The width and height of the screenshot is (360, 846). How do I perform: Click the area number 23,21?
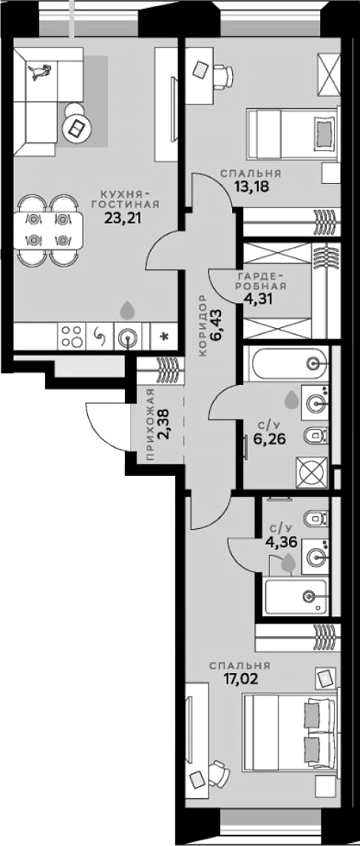123,218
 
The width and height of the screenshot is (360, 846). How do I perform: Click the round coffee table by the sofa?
75,129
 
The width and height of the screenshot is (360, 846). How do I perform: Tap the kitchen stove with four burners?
72,336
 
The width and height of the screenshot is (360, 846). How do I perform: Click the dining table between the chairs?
47,229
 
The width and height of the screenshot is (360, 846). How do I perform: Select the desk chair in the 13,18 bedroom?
224,75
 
